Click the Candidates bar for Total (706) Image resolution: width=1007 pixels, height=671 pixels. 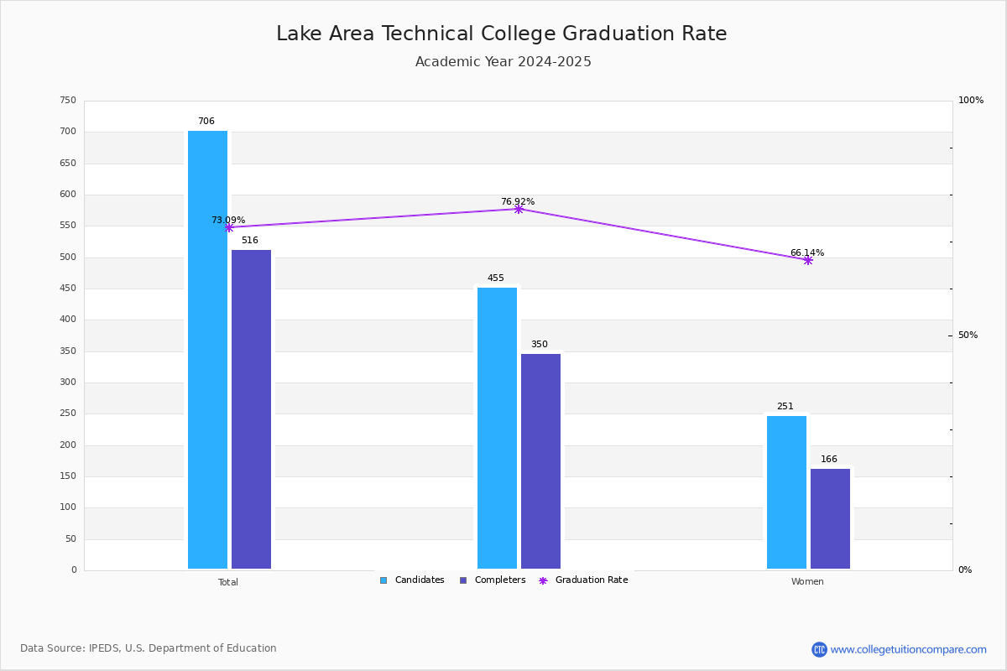(x=207, y=350)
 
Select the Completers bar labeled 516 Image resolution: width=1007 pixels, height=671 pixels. (x=251, y=409)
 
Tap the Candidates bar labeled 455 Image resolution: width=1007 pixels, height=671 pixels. (x=497, y=428)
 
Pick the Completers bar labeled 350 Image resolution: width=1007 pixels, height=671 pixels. (x=540, y=461)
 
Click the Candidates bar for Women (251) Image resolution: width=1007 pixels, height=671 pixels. (x=786, y=492)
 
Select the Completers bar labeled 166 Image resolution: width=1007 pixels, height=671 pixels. (x=830, y=518)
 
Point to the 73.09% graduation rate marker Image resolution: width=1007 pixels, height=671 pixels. (x=229, y=227)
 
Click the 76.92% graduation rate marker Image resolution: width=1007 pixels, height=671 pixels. (x=519, y=209)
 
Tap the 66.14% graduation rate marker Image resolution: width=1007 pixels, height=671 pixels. (x=807, y=260)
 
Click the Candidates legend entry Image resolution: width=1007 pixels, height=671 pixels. (x=412, y=580)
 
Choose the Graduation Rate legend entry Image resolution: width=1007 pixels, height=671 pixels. (x=583, y=580)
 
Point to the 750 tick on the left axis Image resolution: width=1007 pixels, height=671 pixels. (x=68, y=101)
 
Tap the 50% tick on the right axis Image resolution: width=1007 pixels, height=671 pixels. (x=968, y=335)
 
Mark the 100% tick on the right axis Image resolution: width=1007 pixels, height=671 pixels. (x=971, y=101)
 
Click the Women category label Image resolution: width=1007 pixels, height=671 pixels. (x=807, y=582)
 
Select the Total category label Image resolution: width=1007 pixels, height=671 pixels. (x=228, y=582)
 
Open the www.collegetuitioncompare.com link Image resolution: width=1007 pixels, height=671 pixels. (x=908, y=649)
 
